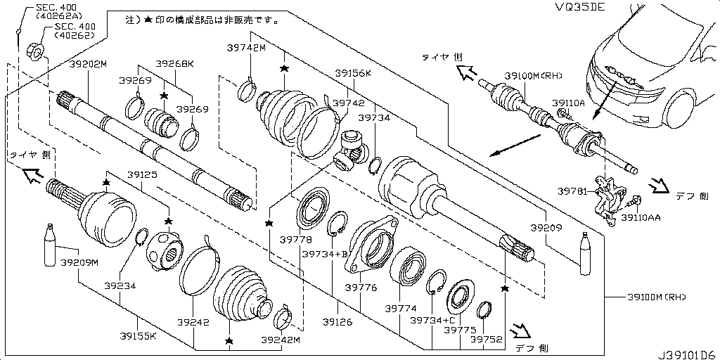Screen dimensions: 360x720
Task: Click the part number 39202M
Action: pyautogui.click(x=87, y=64)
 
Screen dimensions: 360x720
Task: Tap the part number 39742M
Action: pyautogui.click(x=246, y=47)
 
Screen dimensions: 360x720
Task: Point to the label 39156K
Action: pyautogui.click(x=353, y=72)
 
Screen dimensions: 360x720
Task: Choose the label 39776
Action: pyautogui.click(x=361, y=288)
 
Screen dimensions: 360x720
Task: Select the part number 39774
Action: pyautogui.click(x=400, y=309)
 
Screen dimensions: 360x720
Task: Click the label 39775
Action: pyautogui.click(x=461, y=328)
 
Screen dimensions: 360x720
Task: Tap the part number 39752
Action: pyautogui.click(x=487, y=339)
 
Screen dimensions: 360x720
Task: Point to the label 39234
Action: pyautogui.click(x=120, y=286)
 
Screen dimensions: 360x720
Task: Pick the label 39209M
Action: pyautogui.click(x=79, y=262)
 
